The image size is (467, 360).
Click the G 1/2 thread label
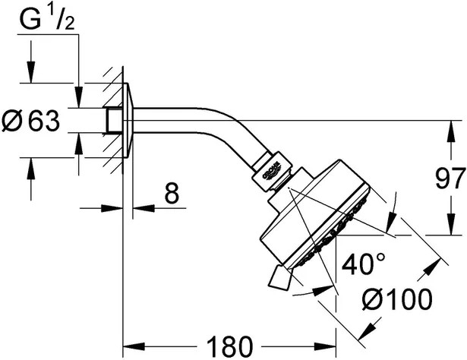[47, 18]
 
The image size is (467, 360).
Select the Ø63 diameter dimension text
[30, 121]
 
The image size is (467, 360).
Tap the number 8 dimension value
[172, 193]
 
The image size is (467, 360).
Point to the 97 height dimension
[450, 178]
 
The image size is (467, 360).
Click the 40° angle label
[364, 264]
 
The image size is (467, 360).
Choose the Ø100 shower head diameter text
[397, 299]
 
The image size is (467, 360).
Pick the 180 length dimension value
[229, 346]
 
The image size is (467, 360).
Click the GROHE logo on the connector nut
[271, 171]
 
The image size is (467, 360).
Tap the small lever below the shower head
[279, 277]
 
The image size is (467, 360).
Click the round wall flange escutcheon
[128, 120]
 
